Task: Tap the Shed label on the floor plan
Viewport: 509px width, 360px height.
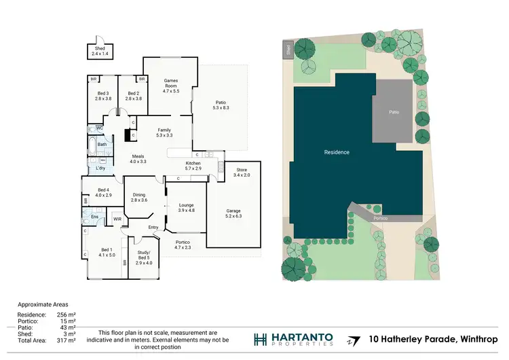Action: (x=99, y=48)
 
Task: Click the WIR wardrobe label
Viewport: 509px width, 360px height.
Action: (x=117, y=219)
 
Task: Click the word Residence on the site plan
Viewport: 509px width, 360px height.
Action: (x=337, y=152)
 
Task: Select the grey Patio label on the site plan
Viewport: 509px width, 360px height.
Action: (x=393, y=111)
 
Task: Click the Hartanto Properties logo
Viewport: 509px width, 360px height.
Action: (x=294, y=340)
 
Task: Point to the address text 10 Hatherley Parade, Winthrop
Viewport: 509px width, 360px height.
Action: (x=433, y=339)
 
